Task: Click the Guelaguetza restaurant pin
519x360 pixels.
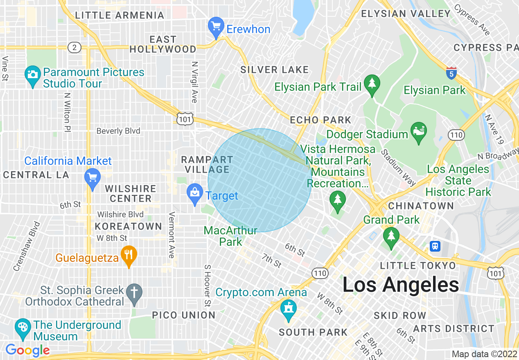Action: pos(129,255)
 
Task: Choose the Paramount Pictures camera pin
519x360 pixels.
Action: pos(32,75)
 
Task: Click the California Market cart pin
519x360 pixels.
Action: pos(93,178)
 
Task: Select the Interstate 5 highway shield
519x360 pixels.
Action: pos(451,73)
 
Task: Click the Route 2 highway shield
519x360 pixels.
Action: pos(74,47)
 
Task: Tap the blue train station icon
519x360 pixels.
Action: pos(435,246)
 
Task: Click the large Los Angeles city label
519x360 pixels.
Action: pos(400,285)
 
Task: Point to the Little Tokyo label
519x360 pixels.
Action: pos(417,266)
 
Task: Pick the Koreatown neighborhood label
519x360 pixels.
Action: pos(129,227)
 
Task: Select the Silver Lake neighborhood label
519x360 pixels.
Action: pos(274,70)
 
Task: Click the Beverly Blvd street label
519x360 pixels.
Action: pos(118,131)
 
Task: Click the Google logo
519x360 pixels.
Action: pos(27,350)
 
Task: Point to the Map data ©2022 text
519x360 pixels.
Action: pos(484,354)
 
